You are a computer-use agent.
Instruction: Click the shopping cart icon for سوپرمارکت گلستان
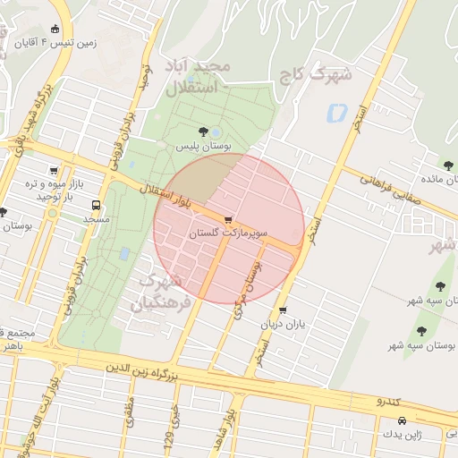click(x=229, y=220)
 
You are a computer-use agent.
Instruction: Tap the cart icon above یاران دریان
click(x=283, y=310)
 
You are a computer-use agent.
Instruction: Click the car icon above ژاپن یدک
click(x=403, y=420)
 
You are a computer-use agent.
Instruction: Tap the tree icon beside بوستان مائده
click(x=448, y=165)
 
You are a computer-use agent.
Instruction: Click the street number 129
click(x=167, y=437)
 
